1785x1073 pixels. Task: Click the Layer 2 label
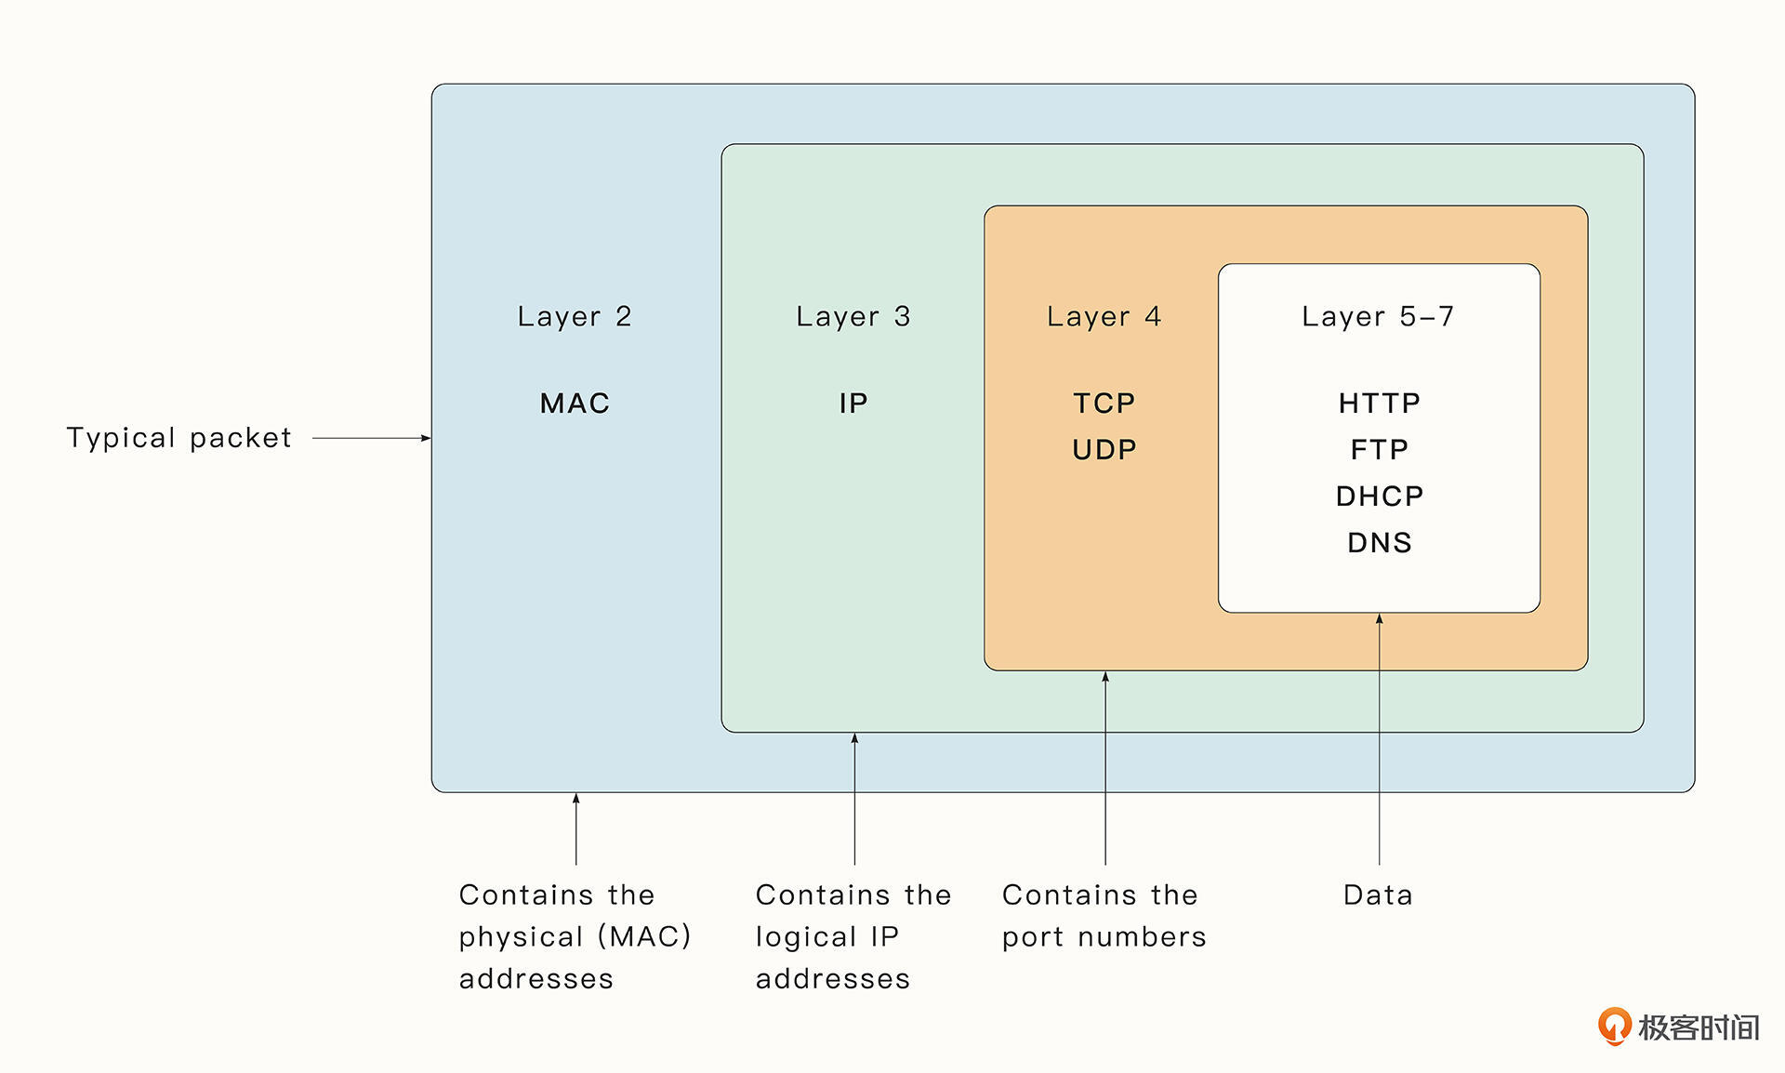(575, 317)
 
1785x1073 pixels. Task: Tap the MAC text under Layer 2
(575, 404)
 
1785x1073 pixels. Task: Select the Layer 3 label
(853, 317)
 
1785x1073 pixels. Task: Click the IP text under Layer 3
(853, 404)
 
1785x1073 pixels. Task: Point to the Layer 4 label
(1104, 317)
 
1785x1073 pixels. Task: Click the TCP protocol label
(1104, 404)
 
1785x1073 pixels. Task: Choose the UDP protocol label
(1104, 450)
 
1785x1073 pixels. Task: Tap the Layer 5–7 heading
(1378, 317)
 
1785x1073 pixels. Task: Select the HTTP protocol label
(1380, 404)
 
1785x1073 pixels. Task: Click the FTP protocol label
(1380, 450)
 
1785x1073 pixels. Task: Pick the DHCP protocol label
(1380, 497)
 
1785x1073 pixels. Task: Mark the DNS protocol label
(1380, 543)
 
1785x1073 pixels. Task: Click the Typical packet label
(179, 438)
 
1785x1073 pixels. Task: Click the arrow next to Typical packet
(371, 438)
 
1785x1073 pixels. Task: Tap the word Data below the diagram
(1378, 895)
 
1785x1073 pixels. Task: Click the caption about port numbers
(1104, 916)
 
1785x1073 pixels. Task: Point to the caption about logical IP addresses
(853, 936)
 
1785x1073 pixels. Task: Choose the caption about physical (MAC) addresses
(575, 936)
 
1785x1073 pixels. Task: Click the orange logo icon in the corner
(1614, 1026)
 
